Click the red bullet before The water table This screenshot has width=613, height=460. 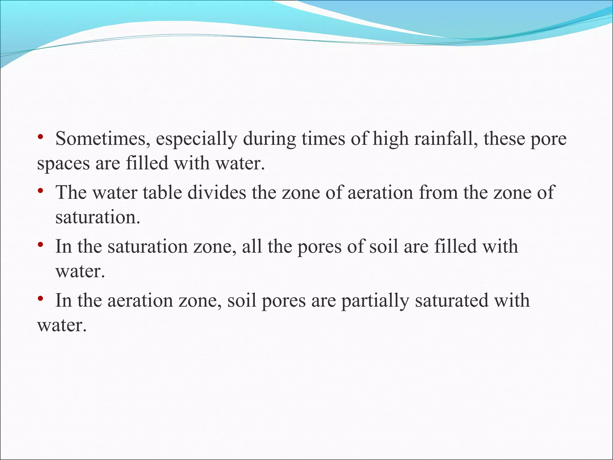[41, 191]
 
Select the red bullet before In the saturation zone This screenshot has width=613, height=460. [41, 245]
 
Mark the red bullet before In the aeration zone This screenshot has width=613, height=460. [41, 299]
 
